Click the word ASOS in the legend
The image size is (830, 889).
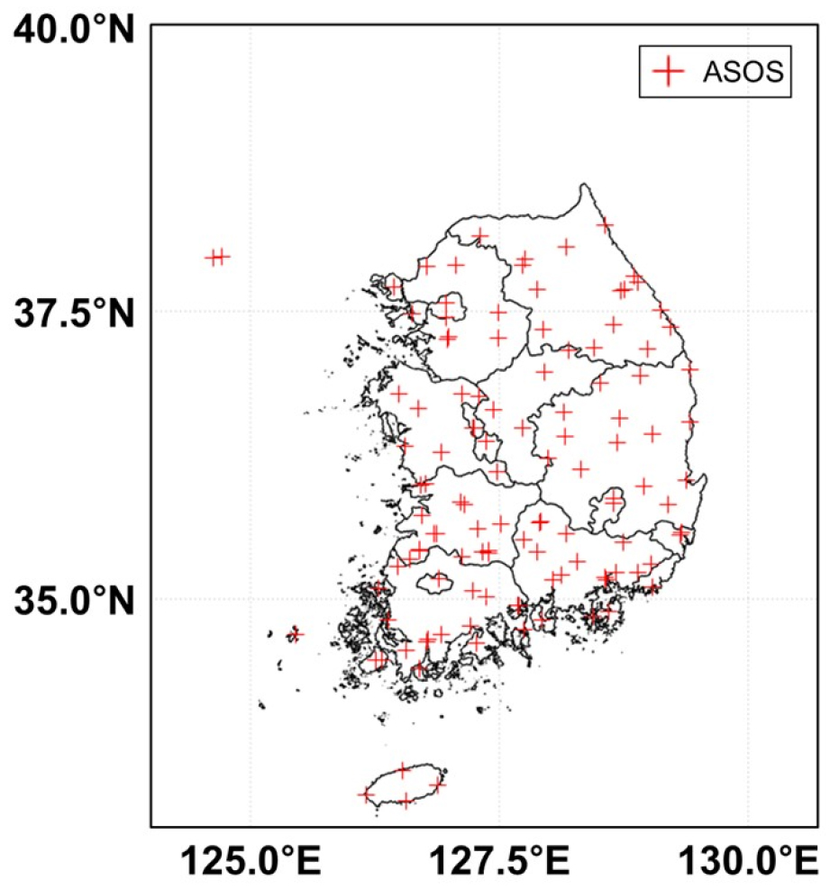pos(742,72)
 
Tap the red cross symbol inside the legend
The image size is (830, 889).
pos(668,72)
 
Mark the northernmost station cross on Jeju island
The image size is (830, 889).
pos(403,770)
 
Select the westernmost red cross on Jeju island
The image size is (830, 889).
pos(365,794)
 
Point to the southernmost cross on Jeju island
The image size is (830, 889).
pos(406,800)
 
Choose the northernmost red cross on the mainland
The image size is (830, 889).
pos(605,224)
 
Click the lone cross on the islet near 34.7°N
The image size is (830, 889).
pos(295,634)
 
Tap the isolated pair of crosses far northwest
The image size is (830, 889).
pos(216,257)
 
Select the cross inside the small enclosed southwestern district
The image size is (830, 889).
pos(439,579)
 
